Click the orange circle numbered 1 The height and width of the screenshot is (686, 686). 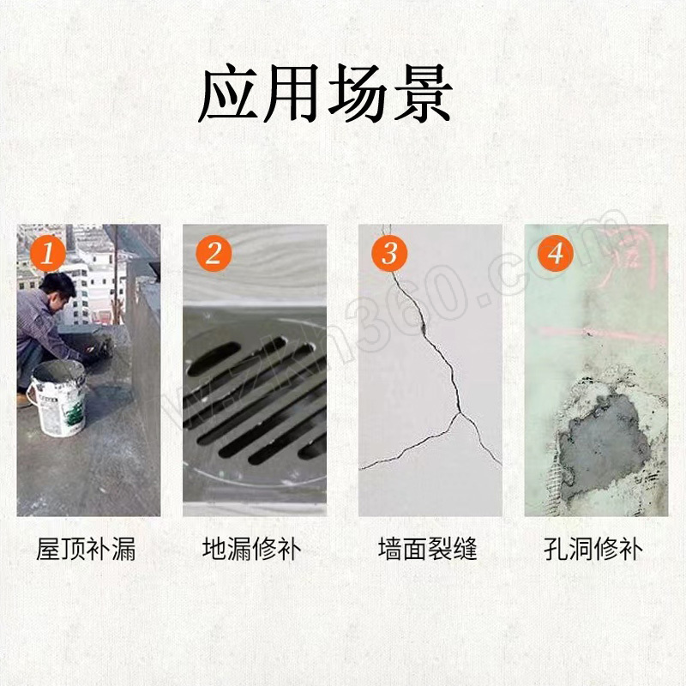(x=48, y=254)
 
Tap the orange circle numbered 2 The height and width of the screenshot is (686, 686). (x=214, y=254)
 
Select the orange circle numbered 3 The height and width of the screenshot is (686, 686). (x=389, y=254)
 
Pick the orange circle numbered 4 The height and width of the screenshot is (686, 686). (x=555, y=254)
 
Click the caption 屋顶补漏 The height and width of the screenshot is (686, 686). (x=87, y=549)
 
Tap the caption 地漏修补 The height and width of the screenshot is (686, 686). (x=252, y=549)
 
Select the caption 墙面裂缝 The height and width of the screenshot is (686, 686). (x=427, y=549)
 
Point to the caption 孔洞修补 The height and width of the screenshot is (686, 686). (x=593, y=549)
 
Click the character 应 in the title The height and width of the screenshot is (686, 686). (x=229, y=93)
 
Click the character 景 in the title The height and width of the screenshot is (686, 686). (x=423, y=93)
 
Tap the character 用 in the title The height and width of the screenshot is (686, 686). (x=292, y=93)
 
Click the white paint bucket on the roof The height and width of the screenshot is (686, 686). (x=57, y=398)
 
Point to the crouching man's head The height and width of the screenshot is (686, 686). (x=58, y=289)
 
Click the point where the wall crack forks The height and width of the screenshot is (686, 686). (x=460, y=412)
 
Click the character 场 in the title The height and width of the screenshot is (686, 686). (x=358, y=93)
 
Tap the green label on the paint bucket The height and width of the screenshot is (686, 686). (x=75, y=414)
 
